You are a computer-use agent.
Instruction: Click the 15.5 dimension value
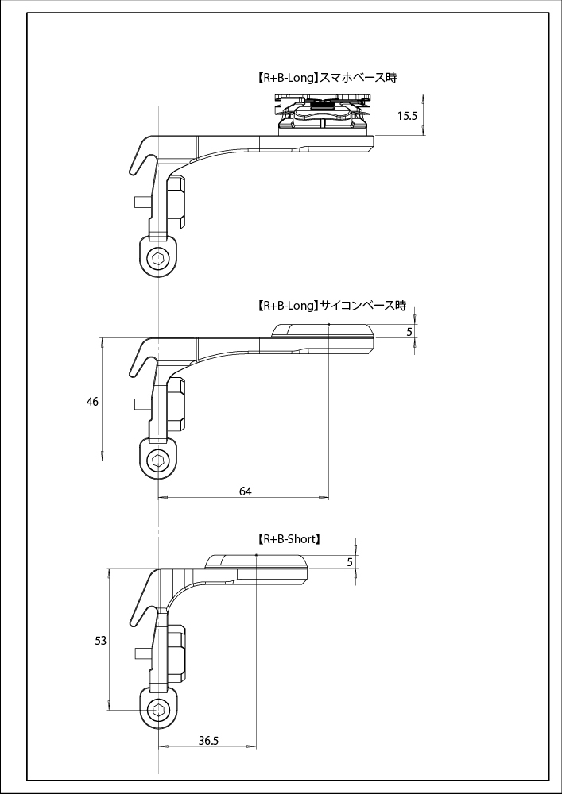(408, 116)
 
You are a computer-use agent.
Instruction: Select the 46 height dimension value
(93, 402)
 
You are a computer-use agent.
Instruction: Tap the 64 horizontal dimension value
(246, 491)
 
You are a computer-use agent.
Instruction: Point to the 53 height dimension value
(100, 640)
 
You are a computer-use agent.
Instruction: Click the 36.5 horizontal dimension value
(208, 741)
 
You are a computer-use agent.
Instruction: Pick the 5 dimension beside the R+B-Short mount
(350, 562)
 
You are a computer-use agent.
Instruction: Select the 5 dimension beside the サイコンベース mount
(409, 332)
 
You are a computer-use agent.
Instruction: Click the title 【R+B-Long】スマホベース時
(327, 78)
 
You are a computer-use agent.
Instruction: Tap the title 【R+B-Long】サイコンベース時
(331, 306)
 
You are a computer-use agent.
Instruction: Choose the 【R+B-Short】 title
(289, 538)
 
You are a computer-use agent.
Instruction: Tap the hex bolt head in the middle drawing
(159, 461)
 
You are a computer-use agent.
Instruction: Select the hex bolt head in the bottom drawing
(159, 710)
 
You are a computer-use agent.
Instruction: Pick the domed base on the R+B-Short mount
(256, 562)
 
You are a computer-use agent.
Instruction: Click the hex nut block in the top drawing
(176, 202)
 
